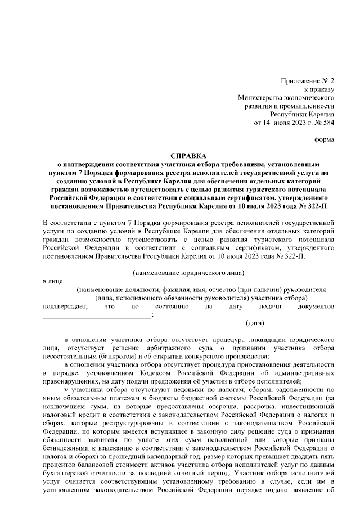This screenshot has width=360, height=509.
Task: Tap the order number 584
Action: [x=327, y=122]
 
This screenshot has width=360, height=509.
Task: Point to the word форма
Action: [x=324, y=139]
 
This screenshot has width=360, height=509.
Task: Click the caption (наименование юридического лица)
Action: [x=188, y=273]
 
